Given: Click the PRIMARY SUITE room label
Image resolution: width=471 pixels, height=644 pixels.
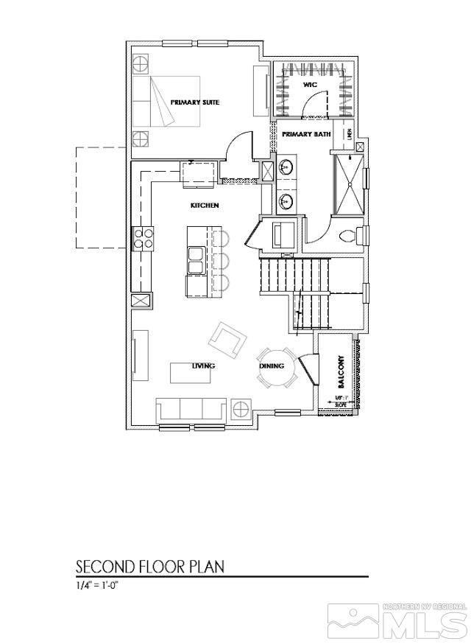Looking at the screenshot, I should click(195, 102).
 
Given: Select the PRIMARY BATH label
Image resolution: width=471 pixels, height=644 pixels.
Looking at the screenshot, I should click(306, 134).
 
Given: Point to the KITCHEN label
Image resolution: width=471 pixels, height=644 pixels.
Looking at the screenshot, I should click(205, 206).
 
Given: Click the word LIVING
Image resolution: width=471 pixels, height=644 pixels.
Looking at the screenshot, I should click(203, 366).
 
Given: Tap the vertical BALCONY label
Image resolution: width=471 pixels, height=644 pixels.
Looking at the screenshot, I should click(341, 372).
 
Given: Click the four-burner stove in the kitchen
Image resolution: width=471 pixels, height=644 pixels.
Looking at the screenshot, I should click(144, 239).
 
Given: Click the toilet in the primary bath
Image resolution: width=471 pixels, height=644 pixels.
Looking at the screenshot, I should click(355, 237).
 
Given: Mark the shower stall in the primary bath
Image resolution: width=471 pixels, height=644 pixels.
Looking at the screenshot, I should click(350, 182).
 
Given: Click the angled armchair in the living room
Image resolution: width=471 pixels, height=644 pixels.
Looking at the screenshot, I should click(227, 340).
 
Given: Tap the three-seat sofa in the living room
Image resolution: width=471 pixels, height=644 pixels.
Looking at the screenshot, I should click(191, 408).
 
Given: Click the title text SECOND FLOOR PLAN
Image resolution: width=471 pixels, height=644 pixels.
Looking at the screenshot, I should click(150, 567).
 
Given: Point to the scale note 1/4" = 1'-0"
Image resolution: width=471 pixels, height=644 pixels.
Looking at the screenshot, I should click(97, 586).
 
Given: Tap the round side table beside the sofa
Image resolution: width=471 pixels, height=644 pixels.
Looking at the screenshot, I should click(241, 408).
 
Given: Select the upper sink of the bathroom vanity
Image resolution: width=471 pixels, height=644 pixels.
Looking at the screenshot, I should click(286, 167).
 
